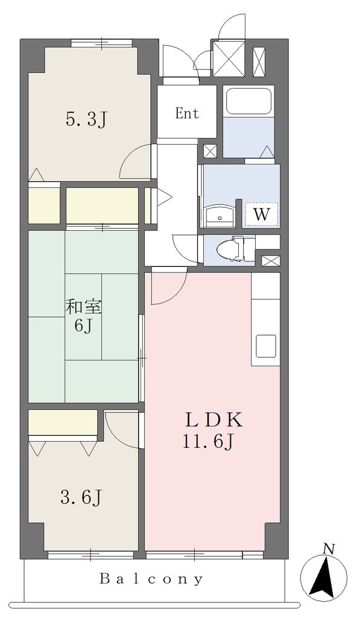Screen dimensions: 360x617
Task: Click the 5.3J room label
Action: point(87,119)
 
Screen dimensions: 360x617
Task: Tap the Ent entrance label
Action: point(187,114)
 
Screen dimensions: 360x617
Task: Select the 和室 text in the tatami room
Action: point(83,307)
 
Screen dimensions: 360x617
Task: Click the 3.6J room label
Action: point(81,497)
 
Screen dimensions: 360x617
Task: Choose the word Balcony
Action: point(151,579)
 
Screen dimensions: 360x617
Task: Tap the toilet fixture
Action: point(235,248)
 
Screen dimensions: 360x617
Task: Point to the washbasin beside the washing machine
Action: point(219,216)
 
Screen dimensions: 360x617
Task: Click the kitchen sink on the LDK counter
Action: point(266,346)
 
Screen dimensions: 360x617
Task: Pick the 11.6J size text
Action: point(208,442)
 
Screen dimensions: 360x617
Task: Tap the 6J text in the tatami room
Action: point(83,325)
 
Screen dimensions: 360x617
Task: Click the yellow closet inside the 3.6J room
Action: point(63,422)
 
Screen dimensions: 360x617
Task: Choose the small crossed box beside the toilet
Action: point(271,260)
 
